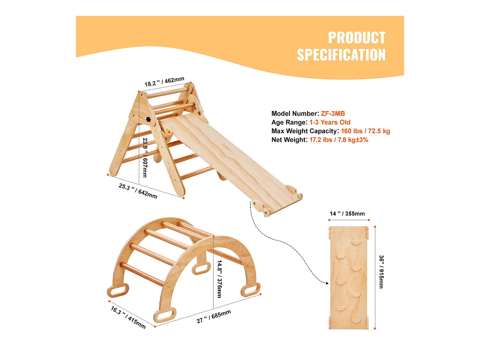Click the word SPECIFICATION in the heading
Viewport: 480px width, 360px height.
341,55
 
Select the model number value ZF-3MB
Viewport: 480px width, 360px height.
333,114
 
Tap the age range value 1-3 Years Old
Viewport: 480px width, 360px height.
330,122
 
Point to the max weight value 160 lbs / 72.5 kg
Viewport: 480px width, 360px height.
365,131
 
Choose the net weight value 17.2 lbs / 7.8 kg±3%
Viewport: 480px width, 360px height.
339,140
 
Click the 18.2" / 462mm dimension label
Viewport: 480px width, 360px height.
164,82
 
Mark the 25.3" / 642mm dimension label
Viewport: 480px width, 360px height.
138,191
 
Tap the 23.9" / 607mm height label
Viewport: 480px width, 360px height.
145,157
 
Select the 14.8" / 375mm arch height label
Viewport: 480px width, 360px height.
220,279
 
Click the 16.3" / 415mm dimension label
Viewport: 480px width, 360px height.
128,317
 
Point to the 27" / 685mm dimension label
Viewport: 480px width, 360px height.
214,316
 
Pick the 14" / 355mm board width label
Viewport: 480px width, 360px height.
347,214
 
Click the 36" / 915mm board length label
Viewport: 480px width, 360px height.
381,272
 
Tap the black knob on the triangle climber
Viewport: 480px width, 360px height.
148,119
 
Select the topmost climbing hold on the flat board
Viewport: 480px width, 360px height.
357,242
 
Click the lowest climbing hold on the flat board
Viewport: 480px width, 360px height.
356,320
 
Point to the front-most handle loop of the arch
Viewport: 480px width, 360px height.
164,315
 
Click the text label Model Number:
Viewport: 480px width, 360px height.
295,114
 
